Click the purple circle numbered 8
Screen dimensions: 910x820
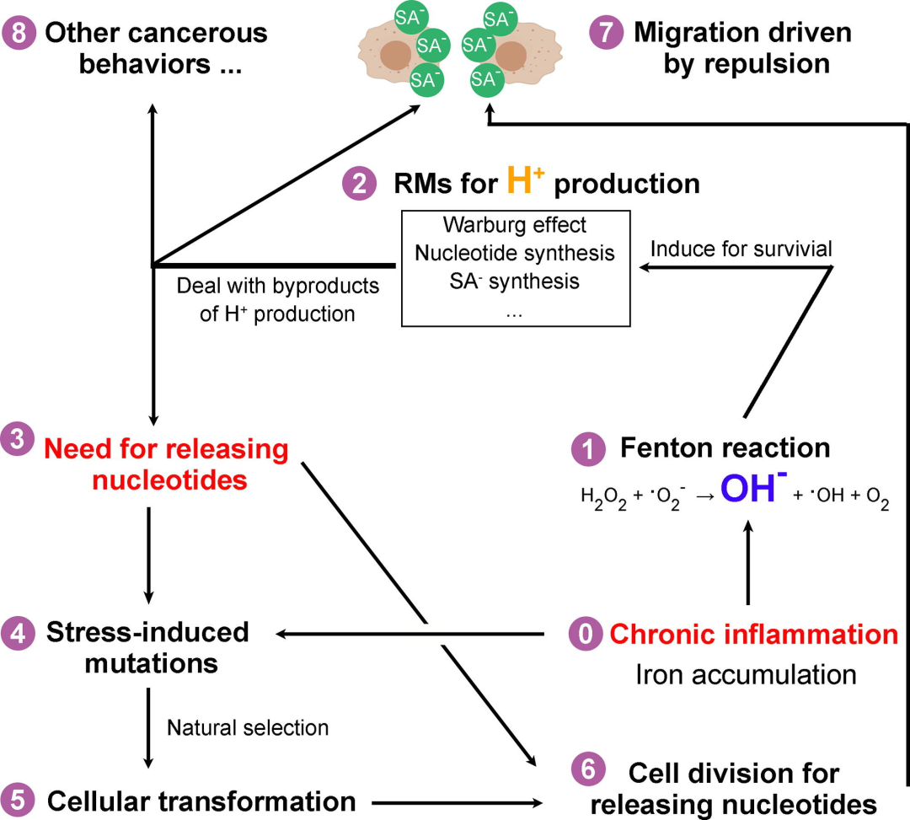pyautogui.click(x=19, y=33)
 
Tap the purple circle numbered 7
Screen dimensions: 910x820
pyautogui.click(x=607, y=33)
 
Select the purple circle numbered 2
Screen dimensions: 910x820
pyautogui.click(x=360, y=184)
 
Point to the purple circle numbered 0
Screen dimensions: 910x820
pyautogui.click(x=586, y=633)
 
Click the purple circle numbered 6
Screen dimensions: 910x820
pyautogui.click(x=588, y=769)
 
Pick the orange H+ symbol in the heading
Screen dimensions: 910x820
pyautogui.click(x=526, y=180)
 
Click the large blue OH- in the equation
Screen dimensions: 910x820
pyautogui.click(x=753, y=487)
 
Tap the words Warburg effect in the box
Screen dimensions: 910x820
pyautogui.click(x=515, y=224)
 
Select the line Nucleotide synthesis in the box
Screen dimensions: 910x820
pyautogui.click(x=515, y=253)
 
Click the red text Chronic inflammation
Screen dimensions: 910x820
pyautogui.click(x=754, y=634)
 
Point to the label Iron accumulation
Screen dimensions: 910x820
pyautogui.click(x=746, y=674)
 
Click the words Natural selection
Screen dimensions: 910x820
pyautogui.click(x=248, y=728)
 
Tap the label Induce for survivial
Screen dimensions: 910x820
pyautogui.click(x=741, y=249)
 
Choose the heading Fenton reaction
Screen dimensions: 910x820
pyautogui.click(x=725, y=448)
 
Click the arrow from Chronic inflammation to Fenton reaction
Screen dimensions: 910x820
pyautogui.click(x=748, y=563)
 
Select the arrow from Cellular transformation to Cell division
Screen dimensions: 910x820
pyautogui.click(x=458, y=803)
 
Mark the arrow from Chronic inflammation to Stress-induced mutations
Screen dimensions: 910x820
pyautogui.click(x=410, y=634)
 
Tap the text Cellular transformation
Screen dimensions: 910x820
pyautogui.click(x=201, y=801)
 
